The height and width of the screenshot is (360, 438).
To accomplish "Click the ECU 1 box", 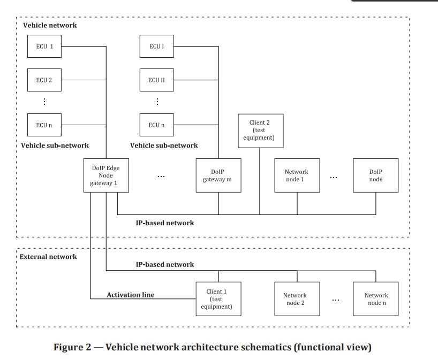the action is point(44,47).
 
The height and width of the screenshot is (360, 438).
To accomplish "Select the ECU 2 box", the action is point(44,80).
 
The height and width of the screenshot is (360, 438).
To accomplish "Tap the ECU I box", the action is point(157,47).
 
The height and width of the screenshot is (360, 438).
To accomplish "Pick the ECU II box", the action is point(157,80).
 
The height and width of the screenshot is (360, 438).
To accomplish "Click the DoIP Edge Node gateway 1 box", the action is point(106,175).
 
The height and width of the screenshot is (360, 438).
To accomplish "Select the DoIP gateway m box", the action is point(218,175).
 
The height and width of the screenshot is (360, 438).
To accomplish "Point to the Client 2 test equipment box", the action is point(261,131).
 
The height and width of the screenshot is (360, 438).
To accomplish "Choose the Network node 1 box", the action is point(297,175).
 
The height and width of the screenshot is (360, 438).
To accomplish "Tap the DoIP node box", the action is point(376,175).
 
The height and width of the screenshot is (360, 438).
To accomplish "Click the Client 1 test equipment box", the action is point(218,299).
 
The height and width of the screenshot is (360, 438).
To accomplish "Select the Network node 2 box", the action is point(297,299).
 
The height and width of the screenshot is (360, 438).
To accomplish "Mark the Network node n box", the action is point(376,299).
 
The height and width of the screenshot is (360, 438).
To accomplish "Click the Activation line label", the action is point(131,295).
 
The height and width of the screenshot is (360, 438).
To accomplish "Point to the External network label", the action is point(48,257).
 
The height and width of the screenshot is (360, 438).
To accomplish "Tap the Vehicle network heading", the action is point(50,25).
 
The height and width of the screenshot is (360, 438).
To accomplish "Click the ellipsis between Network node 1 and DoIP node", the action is point(334,178).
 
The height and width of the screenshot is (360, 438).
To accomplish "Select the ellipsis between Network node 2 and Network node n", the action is point(336,300).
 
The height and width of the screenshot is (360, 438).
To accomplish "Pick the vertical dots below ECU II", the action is point(157,102).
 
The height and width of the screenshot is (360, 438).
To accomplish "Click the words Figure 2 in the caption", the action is point(72,347).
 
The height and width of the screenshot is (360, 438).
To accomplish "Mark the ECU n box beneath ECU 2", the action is point(44,125).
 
